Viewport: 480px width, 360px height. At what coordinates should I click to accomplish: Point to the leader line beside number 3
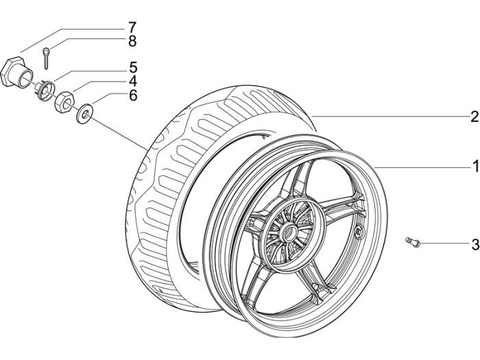442,243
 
